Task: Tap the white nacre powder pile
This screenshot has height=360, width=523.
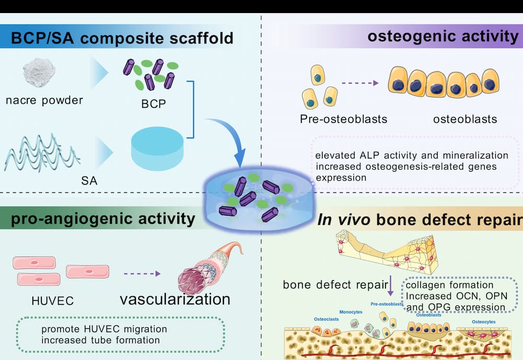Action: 40,74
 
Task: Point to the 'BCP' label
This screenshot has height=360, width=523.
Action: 154,103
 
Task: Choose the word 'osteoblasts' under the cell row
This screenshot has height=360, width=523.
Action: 465,119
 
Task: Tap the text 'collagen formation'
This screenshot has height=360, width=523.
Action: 450,285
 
